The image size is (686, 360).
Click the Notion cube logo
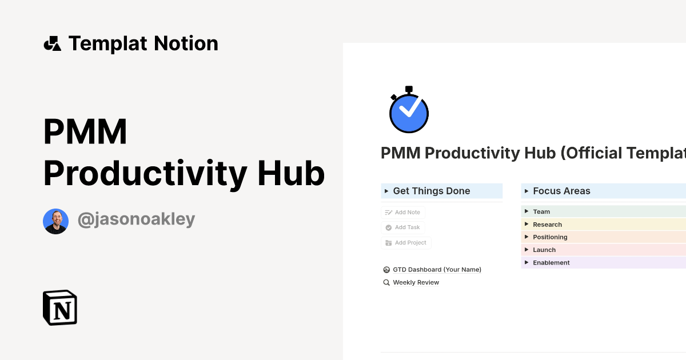[x=60, y=308]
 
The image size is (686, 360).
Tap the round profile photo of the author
[x=56, y=221]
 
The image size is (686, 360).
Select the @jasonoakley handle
[x=136, y=219]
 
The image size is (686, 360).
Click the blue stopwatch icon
[x=409, y=110]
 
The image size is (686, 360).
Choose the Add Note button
[x=403, y=213]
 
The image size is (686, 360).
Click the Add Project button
[x=406, y=243]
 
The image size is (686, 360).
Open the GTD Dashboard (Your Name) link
[x=437, y=270]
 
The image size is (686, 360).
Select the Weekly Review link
[x=416, y=283]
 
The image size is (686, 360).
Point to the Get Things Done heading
[x=432, y=191]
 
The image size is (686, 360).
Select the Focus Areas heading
[x=561, y=191]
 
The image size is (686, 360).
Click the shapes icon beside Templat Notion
[x=52, y=44]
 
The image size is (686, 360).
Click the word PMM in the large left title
[x=85, y=132]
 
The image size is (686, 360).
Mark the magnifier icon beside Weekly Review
[x=386, y=283]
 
